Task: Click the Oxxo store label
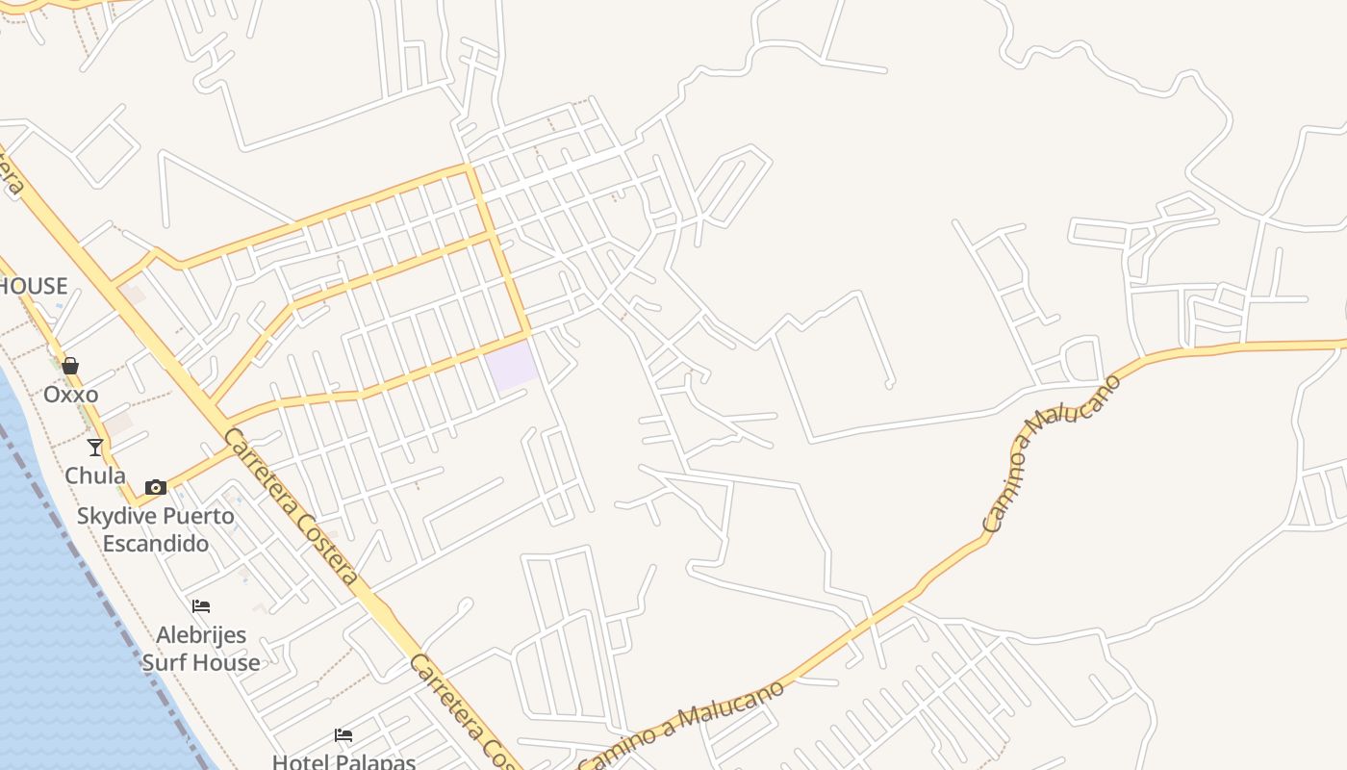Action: pyautogui.click(x=70, y=395)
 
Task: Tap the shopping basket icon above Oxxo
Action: pyautogui.click(x=70, y=366)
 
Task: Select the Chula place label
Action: pyautogui.click(x=94, y=475)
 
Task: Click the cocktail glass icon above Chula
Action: pyautogui.click(x=94, y=447)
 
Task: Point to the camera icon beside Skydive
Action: pyautogui.click(x=155, y=487)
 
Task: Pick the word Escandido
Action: pyautogui.click(x=156, y=543)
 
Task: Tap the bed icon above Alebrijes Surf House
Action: pyautogui.click(x=201, y=606)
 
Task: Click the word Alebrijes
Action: pyautogui.click(x=201, y=635)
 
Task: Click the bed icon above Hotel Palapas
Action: pyautogui.click(x=343, y=735)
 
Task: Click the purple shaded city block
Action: pyautogui.click(x=511, y=366)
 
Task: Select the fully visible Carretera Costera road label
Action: pyautogui.click(x=291, y=506)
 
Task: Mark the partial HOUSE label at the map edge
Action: pyautogui.click(x=33, y=286)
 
